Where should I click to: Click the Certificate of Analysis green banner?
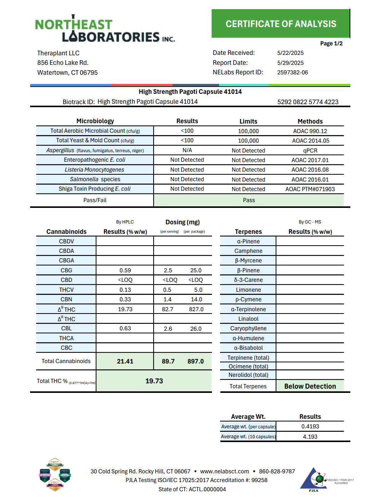[x=281, y=24]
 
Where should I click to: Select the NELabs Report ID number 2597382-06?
[x=292, y=72]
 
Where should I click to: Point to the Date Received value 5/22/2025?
[x=290, y=53]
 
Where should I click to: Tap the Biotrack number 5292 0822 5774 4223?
[x=308, y=102]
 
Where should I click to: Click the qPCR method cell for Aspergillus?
[x=310, y=151]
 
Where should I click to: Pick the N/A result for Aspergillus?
[x=187, y=150]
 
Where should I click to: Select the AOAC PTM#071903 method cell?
[x=310, y=189]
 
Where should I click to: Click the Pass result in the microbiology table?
[x=249, y=200]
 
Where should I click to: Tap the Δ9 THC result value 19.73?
[x=125, y=309]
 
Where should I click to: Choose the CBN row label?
[x=66, y=299]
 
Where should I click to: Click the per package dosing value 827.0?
[x=196, y=309]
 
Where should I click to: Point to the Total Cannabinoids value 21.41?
[x=125, y=361]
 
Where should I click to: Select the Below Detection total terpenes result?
[x=310, y=386]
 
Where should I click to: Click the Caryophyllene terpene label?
[x=248, y=328]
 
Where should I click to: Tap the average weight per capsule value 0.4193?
[x=310, y=426]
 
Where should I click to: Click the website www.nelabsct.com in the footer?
[x=225, y=471]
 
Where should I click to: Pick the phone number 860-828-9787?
[x=277, y=471]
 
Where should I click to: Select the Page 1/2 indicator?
[x=331, y=43]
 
